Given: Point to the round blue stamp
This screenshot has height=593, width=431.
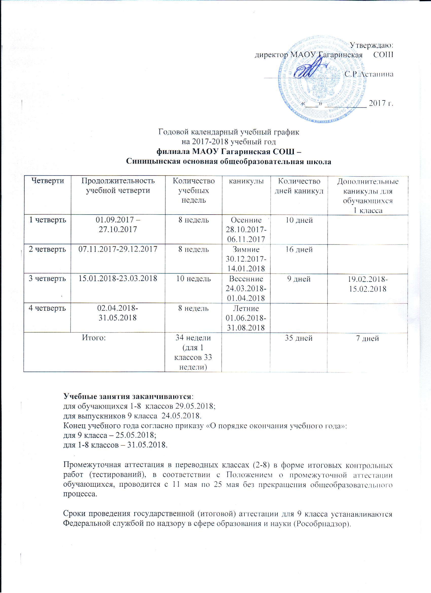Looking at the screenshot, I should pyautogui.click(x=322, y=80).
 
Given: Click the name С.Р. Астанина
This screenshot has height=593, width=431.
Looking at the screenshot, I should pyautogui.click(x=369, y=74).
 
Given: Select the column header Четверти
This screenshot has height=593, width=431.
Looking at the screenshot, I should pyautogui.click(x=48, y=181).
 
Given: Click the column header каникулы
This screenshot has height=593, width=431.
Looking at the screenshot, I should pyautogui.click(x=246, y=181).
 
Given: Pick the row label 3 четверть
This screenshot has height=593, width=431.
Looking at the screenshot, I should pyautogui.click(x=47, y=278).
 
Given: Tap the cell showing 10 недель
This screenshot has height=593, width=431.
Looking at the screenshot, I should pyautogui.click(x=193, y=279).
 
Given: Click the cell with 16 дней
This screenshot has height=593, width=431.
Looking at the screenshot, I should pyautogui.click(x=299, y=249).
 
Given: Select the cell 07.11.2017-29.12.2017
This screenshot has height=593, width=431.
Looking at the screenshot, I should pyautogui.click(x=118, y=249).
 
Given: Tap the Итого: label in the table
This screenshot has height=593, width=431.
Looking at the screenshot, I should pyautogui.click(x=94, y=338).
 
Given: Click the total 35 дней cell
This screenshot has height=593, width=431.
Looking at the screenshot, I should pyautogui.click(x=299, y=338).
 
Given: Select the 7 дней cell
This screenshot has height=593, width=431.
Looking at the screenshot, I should pyautogui.click(x=367, y=338).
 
